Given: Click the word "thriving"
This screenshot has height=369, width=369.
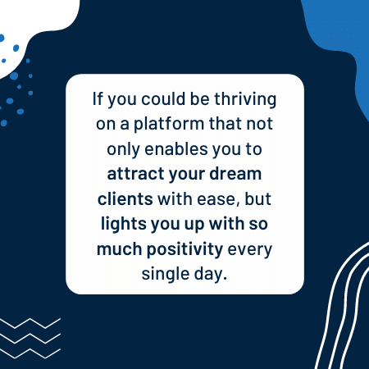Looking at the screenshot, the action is click(245, 100).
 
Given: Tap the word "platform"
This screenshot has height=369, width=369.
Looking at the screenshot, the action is click(169, 125).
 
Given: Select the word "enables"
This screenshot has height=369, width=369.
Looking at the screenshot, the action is click(176, 149).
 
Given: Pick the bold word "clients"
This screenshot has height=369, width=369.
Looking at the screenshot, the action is click(125, 198).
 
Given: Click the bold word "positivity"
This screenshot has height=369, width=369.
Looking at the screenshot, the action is click(185, 250).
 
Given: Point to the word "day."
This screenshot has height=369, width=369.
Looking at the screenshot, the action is click(211, 274).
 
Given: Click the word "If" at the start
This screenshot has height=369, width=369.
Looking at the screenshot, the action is click(98, 98).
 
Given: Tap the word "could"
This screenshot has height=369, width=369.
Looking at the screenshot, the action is click(163, 98).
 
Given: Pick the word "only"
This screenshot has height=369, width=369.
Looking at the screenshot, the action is click(123, 150).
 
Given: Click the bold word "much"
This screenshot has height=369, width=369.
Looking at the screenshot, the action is click(120, 249).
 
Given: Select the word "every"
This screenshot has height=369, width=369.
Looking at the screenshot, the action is click(250, 250).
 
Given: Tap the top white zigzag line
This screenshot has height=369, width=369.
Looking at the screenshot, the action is click(30, 323).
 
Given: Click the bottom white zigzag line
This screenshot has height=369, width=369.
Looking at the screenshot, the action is click(30, 353).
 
